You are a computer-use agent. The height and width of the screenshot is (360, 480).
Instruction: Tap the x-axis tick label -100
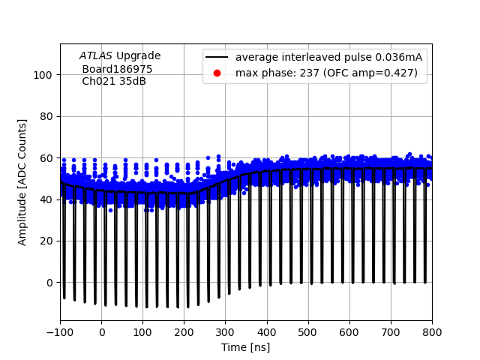click(x=60, y=332)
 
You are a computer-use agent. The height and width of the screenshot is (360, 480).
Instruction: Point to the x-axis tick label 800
click(x=431, y=332)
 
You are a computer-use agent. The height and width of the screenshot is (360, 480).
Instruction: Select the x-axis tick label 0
click(x=101, y=332)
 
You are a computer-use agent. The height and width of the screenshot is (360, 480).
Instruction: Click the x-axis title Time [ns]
click(x=245, y=347)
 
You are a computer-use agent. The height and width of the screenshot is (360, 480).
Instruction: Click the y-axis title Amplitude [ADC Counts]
click(x=22, y=181)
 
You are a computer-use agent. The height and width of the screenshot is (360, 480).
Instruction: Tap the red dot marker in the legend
click(x=217, y=73)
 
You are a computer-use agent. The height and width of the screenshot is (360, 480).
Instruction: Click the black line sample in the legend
click(x=217, y=58)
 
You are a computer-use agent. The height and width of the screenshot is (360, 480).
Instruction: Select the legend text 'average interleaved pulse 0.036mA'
click(x=328, y=58)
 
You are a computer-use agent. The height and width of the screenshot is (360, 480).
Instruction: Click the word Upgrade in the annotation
click(x=138, y=55)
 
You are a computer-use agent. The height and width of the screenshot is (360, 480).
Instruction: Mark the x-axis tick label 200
click(x=184, y=332)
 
